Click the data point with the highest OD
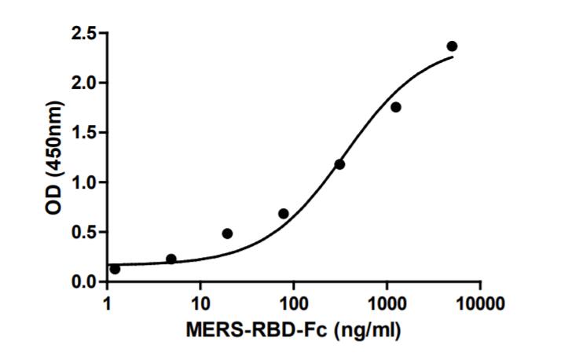click(x=452, y=46)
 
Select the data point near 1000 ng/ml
click(x=395, y=107)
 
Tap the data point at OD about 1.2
click(x=339, y=164)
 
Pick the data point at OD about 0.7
click(x=284, y=214)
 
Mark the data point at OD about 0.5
click(x=227, y=233)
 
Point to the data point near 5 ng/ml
click(x=171, y=259)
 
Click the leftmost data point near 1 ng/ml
click(x=115, y=269)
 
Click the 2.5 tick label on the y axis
click(x=85, y=34)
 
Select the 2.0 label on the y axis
click(x=85, y=83)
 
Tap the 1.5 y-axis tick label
click(x=85, y=133)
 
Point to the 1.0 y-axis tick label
click(x=85, y=182)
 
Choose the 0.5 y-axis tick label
click(x=85, y=232)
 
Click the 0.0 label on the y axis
click(x=85, y=281)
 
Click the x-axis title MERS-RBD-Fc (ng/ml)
click(x=293, y=331)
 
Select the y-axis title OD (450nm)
click(x=53, y=158)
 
